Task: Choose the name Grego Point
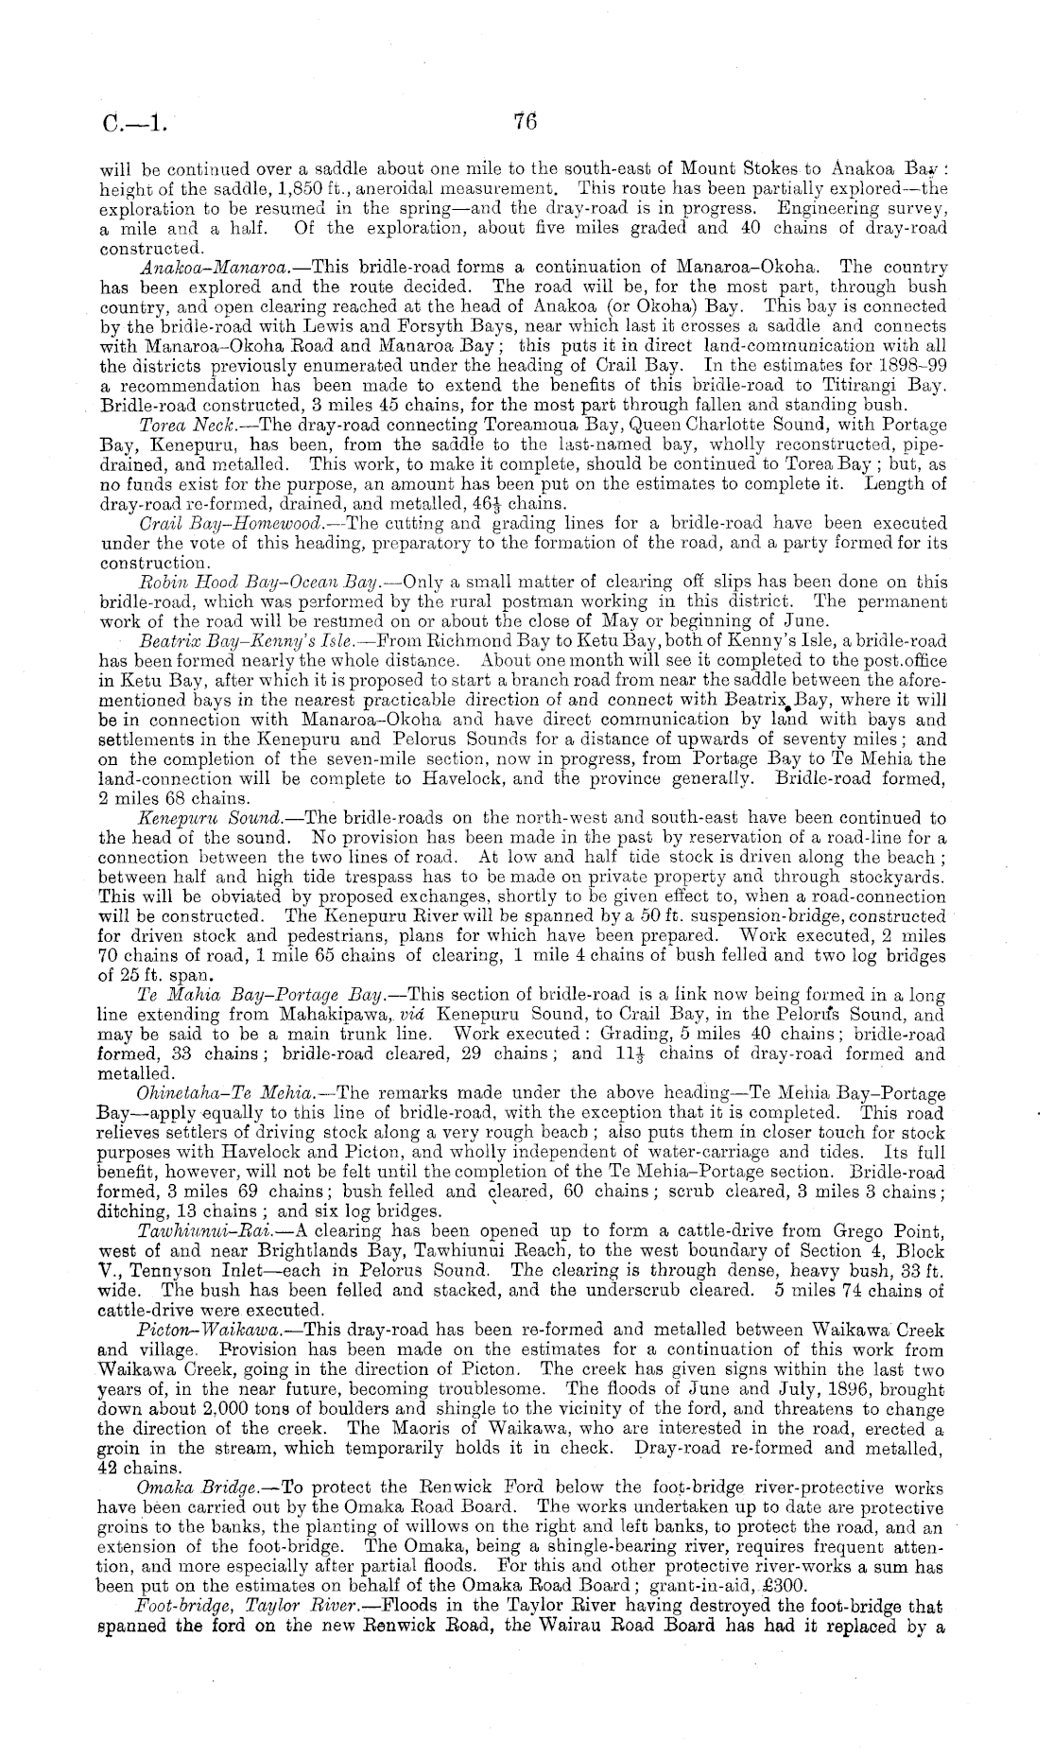click(x=893, y=1231)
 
